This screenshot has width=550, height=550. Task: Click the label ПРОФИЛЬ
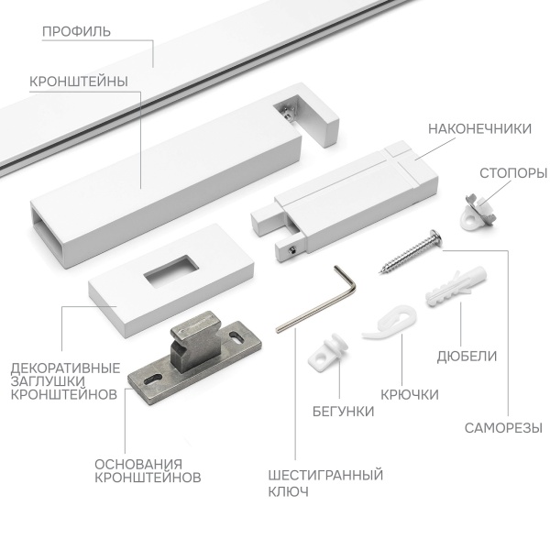[77, 32]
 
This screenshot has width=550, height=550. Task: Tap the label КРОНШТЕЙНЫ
[78, 81]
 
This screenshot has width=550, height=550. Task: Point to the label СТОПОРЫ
[513, 172]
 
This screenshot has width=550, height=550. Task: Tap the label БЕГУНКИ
[342, 412]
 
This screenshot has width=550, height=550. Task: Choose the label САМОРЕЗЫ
[502, 427]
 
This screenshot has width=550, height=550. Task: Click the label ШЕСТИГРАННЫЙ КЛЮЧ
[325, 482]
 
